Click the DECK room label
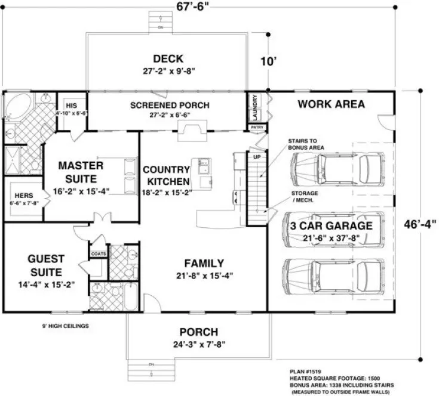pyautogui.click(x=168, y=58)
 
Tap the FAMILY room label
pyautogui.click(x=204, y=263)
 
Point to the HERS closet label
pyautogui.click(x=24, y=195)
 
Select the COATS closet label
pyautogui.click(x=98, y=253)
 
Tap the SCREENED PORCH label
pyautogui.click(x=170, y=106)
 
